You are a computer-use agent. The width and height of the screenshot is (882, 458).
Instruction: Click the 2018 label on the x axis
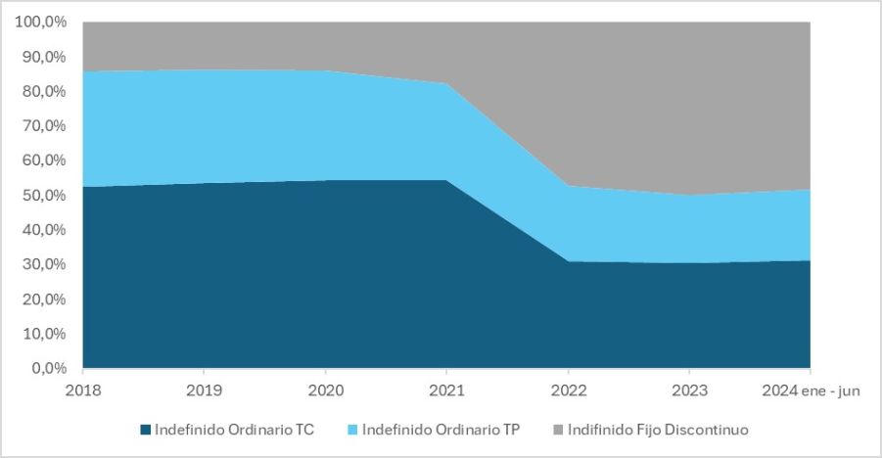83,390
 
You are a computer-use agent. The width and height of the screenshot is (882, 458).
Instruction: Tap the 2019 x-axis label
204,390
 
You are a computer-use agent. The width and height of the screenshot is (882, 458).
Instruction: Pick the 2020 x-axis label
325,390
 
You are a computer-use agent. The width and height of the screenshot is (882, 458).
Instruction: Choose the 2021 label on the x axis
446,390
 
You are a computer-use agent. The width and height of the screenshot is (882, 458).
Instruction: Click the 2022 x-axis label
568,390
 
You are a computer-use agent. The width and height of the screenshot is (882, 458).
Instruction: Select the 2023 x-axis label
689,390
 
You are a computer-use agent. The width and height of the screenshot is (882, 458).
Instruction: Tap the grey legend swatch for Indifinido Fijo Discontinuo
559,430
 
